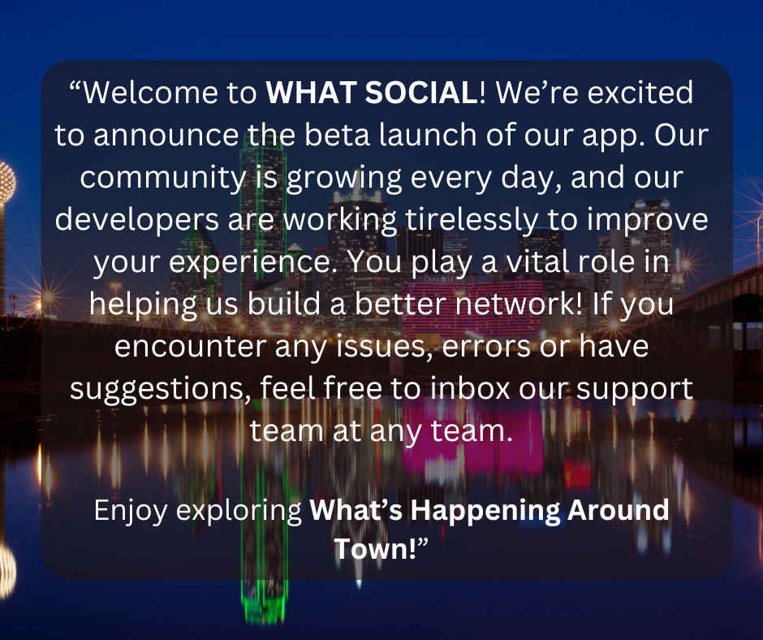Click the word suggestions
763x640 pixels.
coord(160,390)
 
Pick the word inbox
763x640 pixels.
coord(470,389)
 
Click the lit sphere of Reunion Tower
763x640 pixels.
coord(6,182)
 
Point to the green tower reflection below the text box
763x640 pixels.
coord(263,602)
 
